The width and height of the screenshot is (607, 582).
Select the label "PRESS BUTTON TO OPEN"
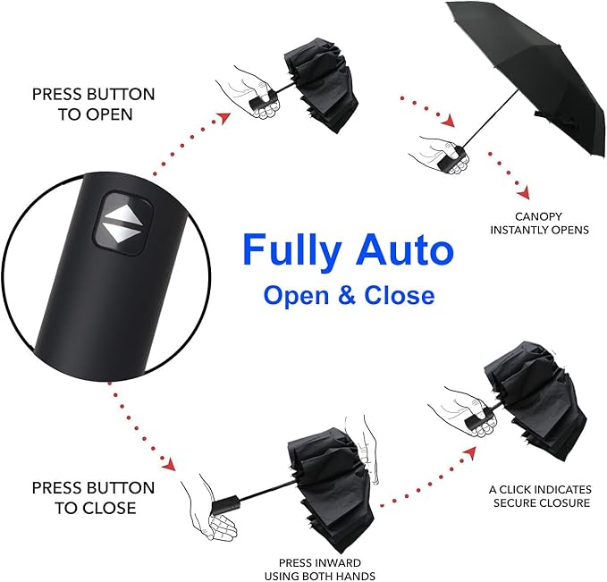pos(93,103)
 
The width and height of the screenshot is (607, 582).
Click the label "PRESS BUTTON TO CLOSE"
pos(93,498)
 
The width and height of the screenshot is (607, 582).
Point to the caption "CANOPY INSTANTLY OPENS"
pos(539,223)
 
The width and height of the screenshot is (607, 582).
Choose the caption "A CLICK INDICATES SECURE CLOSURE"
pos(539,496)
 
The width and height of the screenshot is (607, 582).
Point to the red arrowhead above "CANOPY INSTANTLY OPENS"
pos(523,192)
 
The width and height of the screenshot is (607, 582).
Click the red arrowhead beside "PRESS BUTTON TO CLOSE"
pos(166,464)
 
